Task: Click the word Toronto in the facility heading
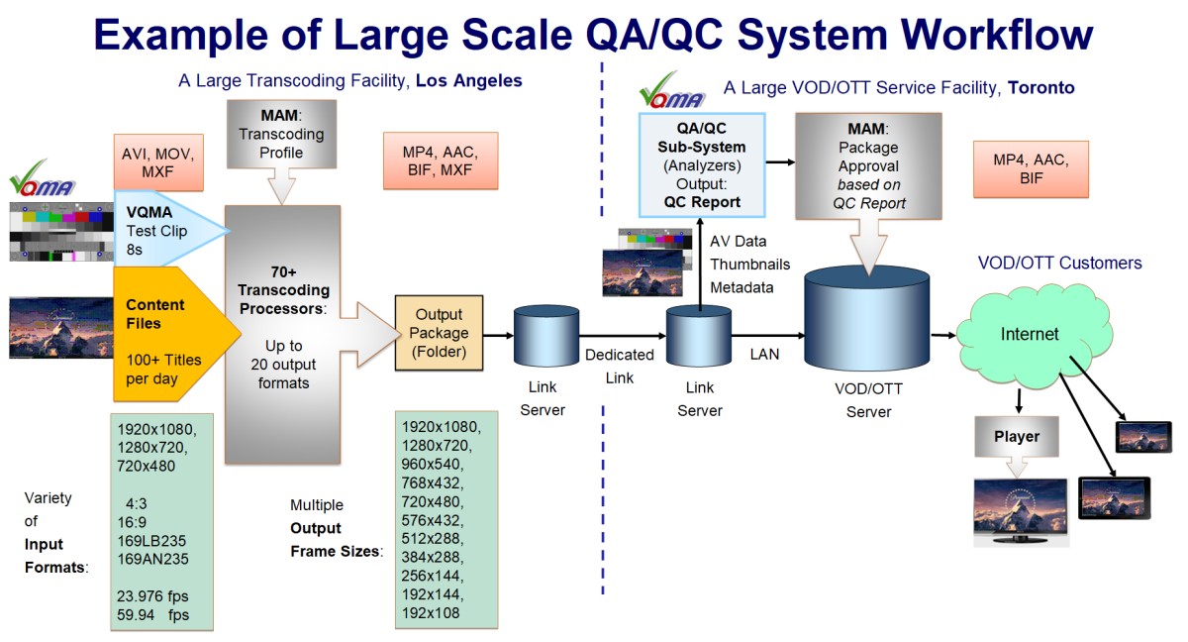pyautogui.click(x=1040, y=88)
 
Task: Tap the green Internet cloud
pyautogui.click(x=1031, y=335)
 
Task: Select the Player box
pyautogui.click(x=1017, y=437)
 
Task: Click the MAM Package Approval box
pyautogui.click(x=868, y=165)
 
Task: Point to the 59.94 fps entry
pyautogui.click(x=151, y=615)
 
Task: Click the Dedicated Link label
pyautogui.click(x=619, y=366)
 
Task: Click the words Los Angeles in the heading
pyautogui.click(x=468, y=80)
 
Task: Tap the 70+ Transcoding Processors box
pyautogui.click(x=283, y=334)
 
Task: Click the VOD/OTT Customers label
pyautogui.click(x=1060, y=264)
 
